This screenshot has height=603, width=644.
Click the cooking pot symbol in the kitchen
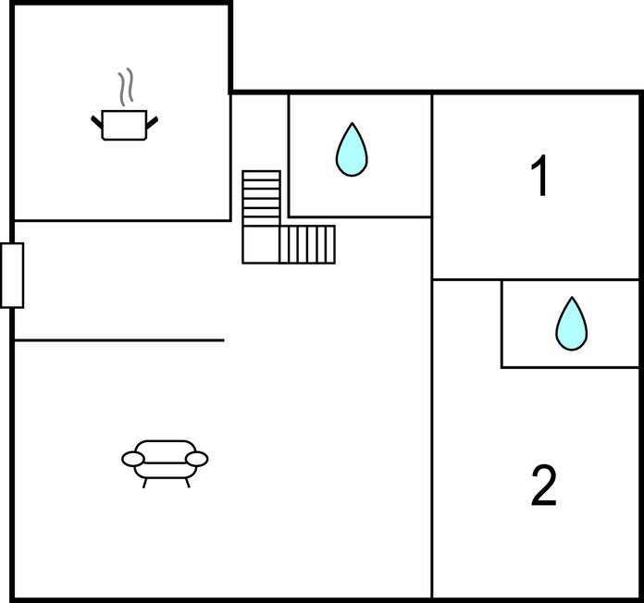[124, 125]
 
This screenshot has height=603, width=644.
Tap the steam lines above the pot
[126, 88]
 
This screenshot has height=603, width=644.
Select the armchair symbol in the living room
[165, 459]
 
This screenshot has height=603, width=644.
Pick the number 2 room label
[543, 486]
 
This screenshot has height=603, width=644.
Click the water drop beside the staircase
[352, 150]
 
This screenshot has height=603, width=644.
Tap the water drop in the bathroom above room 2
[571, 324]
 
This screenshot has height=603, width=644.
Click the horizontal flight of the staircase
[308, 244]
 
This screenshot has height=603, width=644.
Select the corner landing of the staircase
[261, 245]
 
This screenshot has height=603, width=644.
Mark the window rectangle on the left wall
[12, 275]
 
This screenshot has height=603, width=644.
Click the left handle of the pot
[96, 120]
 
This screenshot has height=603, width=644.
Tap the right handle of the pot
[153, 120]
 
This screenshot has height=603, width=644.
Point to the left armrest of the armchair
[133, 459]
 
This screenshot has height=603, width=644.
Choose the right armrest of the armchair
[197, 459]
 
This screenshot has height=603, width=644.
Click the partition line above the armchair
[118, 340]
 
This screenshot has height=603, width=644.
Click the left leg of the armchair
[145, 481]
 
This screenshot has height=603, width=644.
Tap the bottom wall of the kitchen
[121, 221]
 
